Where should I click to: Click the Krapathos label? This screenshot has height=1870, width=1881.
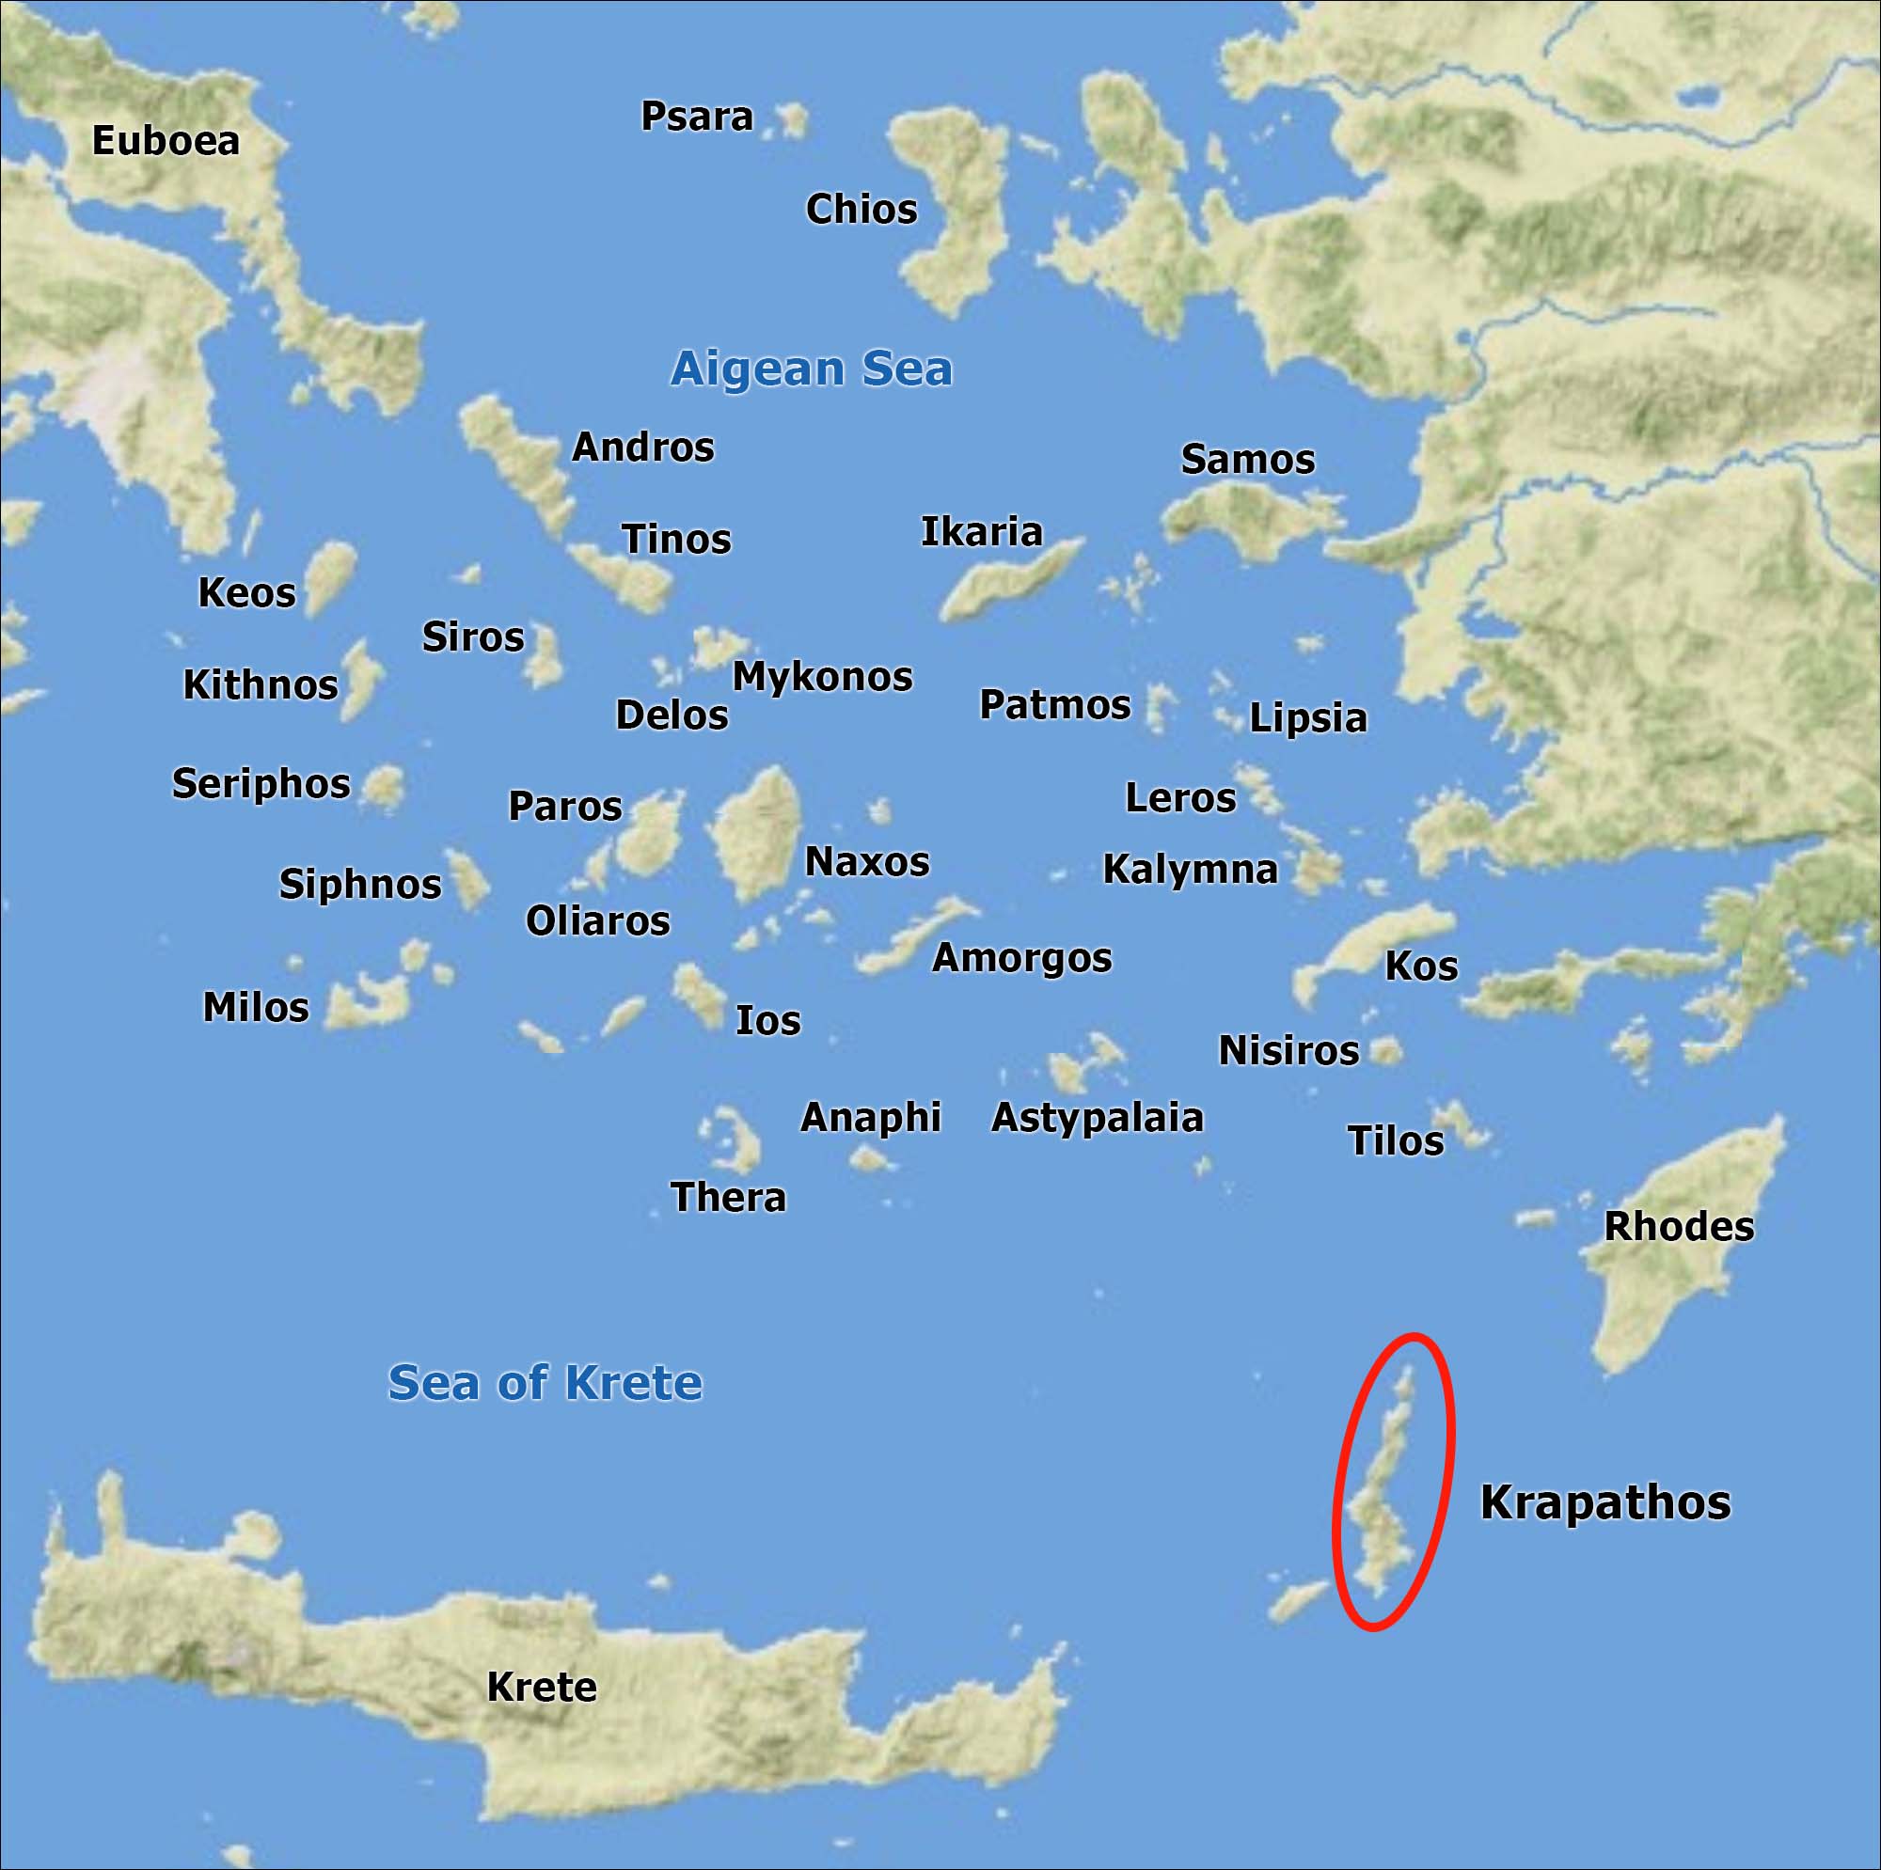[1605, 1502]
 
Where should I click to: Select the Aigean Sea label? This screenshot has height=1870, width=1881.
[811, 369]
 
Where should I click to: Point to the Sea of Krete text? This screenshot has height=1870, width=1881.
[545, 1382]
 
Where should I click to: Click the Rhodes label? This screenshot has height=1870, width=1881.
[1679, 1227]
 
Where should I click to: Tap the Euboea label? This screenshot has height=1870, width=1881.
[166, 141]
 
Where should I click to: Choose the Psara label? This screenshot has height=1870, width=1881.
[696, 117]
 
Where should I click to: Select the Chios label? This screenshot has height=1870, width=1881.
[861, 210]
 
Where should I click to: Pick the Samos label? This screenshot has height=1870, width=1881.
[1247, 460]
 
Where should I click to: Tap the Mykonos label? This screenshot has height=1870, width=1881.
[822, 677]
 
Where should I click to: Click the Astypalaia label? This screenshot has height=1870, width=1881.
[1098, 1118]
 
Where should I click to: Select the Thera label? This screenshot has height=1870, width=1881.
[728, 1198]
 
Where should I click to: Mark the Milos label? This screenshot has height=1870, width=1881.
[255, 1008]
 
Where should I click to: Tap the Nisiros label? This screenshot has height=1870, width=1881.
[1288, 1050]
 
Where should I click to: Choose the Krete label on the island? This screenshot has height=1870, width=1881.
[542, 1687]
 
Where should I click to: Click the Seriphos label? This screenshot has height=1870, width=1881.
[261, 783]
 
